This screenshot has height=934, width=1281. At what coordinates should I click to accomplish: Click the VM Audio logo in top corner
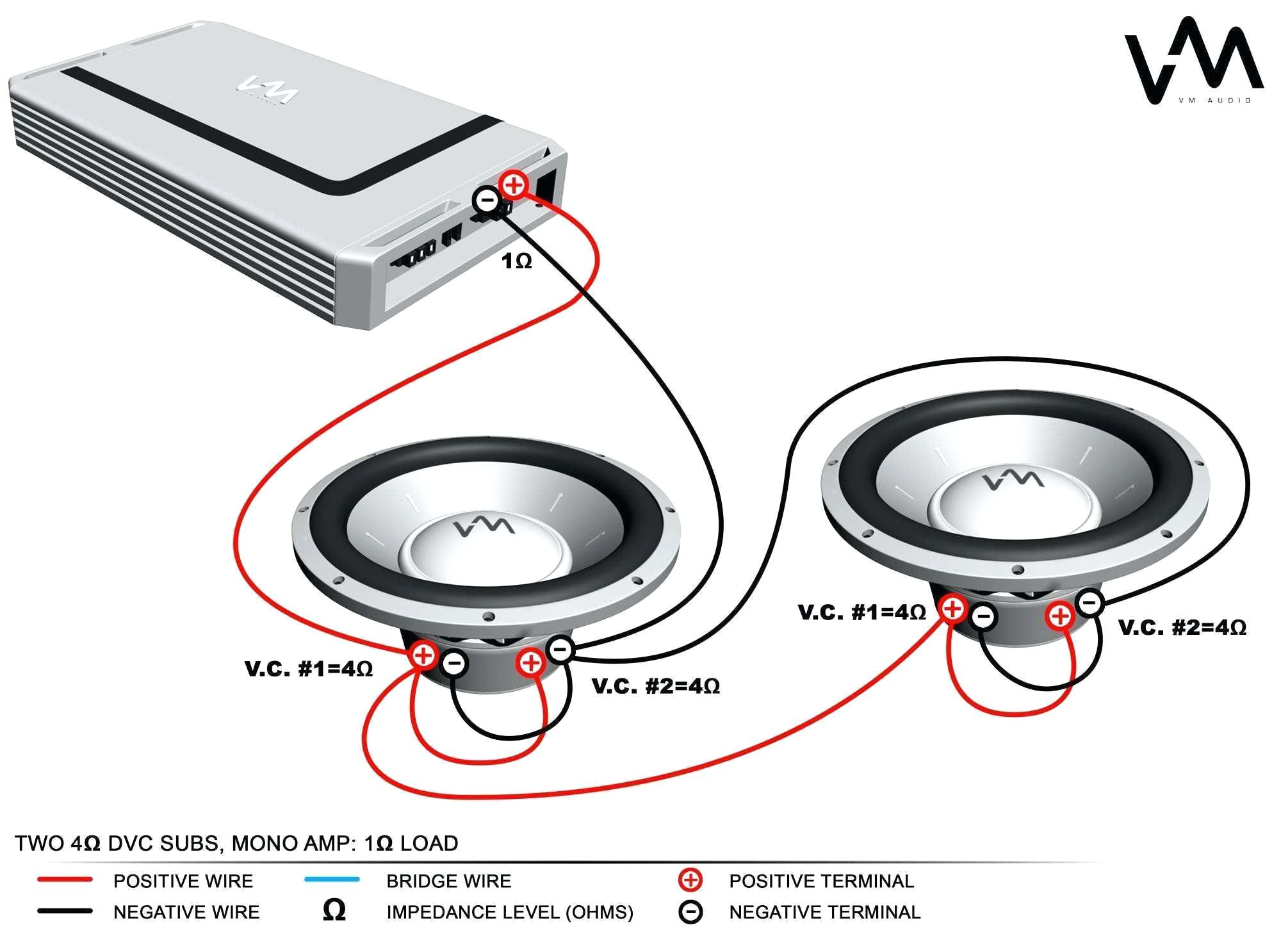coord(1193,61)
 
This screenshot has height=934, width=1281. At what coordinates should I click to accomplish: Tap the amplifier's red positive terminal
coord(513,185)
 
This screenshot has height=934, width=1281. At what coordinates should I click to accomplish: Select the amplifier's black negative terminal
coord(487,201)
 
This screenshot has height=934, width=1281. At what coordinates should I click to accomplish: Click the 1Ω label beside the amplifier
coord(516,261)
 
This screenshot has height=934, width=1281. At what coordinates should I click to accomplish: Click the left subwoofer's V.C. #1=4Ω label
coord(308,669)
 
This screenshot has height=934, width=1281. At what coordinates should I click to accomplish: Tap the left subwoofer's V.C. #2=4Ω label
coord(655,686)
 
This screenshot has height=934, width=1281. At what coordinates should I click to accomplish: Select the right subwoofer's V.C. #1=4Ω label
coord(861,612)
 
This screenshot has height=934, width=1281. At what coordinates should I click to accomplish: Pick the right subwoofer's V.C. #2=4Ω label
coord(1182,627)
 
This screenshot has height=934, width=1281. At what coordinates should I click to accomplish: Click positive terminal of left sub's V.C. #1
coord(423,655)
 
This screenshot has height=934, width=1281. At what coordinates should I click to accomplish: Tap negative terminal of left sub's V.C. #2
coord(560,650)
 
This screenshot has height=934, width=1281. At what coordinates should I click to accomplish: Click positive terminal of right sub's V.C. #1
coord(952,607)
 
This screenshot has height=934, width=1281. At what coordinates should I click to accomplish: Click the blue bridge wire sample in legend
coord(331,880)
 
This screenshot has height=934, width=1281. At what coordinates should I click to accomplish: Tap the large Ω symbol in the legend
coord(334,910)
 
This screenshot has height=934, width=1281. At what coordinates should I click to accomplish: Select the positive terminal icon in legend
coord(690,880)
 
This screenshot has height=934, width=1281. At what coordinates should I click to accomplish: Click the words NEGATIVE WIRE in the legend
coord(186,912)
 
